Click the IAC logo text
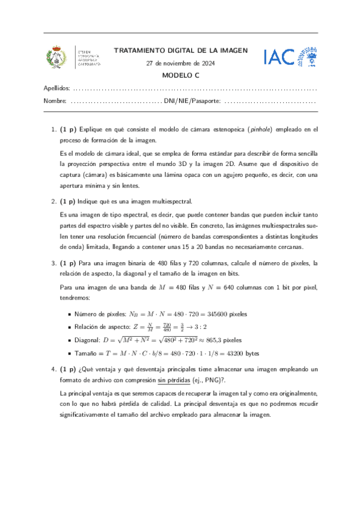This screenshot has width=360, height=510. tap(278, 57)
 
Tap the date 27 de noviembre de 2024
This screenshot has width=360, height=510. tap(180, 64)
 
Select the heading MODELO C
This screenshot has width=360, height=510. tap(180, 76)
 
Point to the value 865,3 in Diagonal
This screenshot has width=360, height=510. tap(220, 340)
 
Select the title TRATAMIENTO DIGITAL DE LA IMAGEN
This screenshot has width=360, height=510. tap(180, 51)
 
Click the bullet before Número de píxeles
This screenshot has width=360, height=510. tap(70, 314)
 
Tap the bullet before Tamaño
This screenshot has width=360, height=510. tap(70, 354)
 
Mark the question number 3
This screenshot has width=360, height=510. tap(53, 263)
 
